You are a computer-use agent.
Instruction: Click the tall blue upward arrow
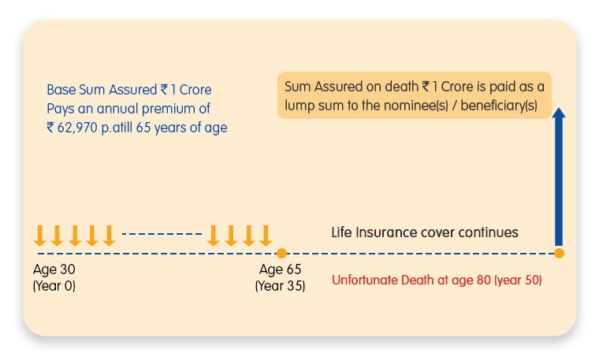pyautogui.click(x=559, y=176)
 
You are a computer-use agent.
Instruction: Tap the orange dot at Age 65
pyautogui.click(x=281, y=253)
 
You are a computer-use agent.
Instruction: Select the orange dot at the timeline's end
pyautogui.click(x=559, y=253)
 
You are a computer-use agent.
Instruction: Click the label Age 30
pyautogui.click(x=54, y=269)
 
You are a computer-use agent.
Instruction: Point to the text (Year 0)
pyautogui.click(x=54, y=286)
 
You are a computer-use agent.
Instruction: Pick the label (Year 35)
pyautogui.click(x=280, y=286)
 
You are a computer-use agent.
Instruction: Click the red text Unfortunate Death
pyautogui.click(x=383, y=280)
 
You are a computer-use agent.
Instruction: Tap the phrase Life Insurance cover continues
pyautogui.click(x=424, y=232)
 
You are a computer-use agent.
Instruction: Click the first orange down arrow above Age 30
pyautogui.click(x=39, y=236)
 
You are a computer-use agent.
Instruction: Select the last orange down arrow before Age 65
pyautogui.click(x=266, y=236)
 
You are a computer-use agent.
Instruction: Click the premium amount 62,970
pyautogui.click(x=77, y=128)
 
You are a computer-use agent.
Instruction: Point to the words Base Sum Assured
pyautogui.click(x=102, y=90)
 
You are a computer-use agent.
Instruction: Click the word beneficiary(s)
pyautogui.click(x=499, y=106)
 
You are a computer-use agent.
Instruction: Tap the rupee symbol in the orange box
pyautogui.click(x=426, y=87)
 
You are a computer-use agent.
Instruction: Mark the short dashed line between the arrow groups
pyautogui.click(x=162, y=234)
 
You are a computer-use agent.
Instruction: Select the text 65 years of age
pyautogui.click(x=181, y=128)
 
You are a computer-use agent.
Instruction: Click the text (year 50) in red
pyautogui.click(x=518, y=280)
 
